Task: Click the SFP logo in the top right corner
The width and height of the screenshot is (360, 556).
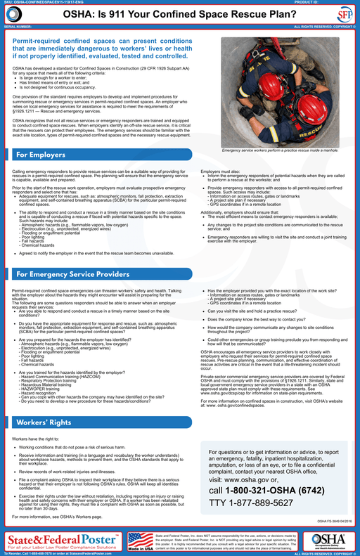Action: click(344, 15)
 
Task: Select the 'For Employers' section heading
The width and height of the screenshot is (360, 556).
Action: click(41, 154)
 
